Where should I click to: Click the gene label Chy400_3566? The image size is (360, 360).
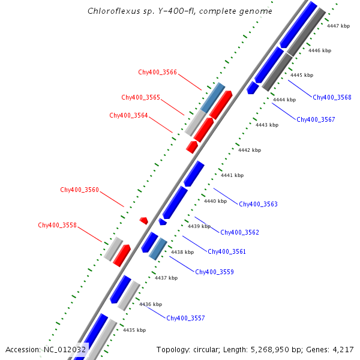[157, 72]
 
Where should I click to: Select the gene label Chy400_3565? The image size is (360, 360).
[140, 97]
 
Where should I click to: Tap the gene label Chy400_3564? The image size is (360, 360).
[128, 115]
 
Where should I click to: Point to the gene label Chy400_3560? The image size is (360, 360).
[79, 190]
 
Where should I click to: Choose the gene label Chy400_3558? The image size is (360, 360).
[57, 225]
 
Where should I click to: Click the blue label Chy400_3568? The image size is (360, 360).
[332, 97]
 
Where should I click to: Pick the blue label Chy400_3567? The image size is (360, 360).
[316, 119]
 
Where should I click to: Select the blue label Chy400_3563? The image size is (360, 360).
[258, 204]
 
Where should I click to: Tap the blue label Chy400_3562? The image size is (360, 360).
[239, 232]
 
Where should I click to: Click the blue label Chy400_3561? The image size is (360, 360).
[226, 251]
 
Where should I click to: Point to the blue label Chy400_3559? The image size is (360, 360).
[214, 272]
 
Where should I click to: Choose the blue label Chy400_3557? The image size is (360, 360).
[185, 318]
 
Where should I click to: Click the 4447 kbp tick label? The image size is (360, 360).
[338, 26]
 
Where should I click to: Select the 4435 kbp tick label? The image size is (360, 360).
[134, 330]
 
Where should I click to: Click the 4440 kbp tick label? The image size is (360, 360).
[215, 201]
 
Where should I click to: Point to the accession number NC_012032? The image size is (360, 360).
[65, 349]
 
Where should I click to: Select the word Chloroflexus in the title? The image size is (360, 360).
[109, 11]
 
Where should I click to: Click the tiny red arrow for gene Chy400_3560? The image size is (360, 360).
[144, 221]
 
